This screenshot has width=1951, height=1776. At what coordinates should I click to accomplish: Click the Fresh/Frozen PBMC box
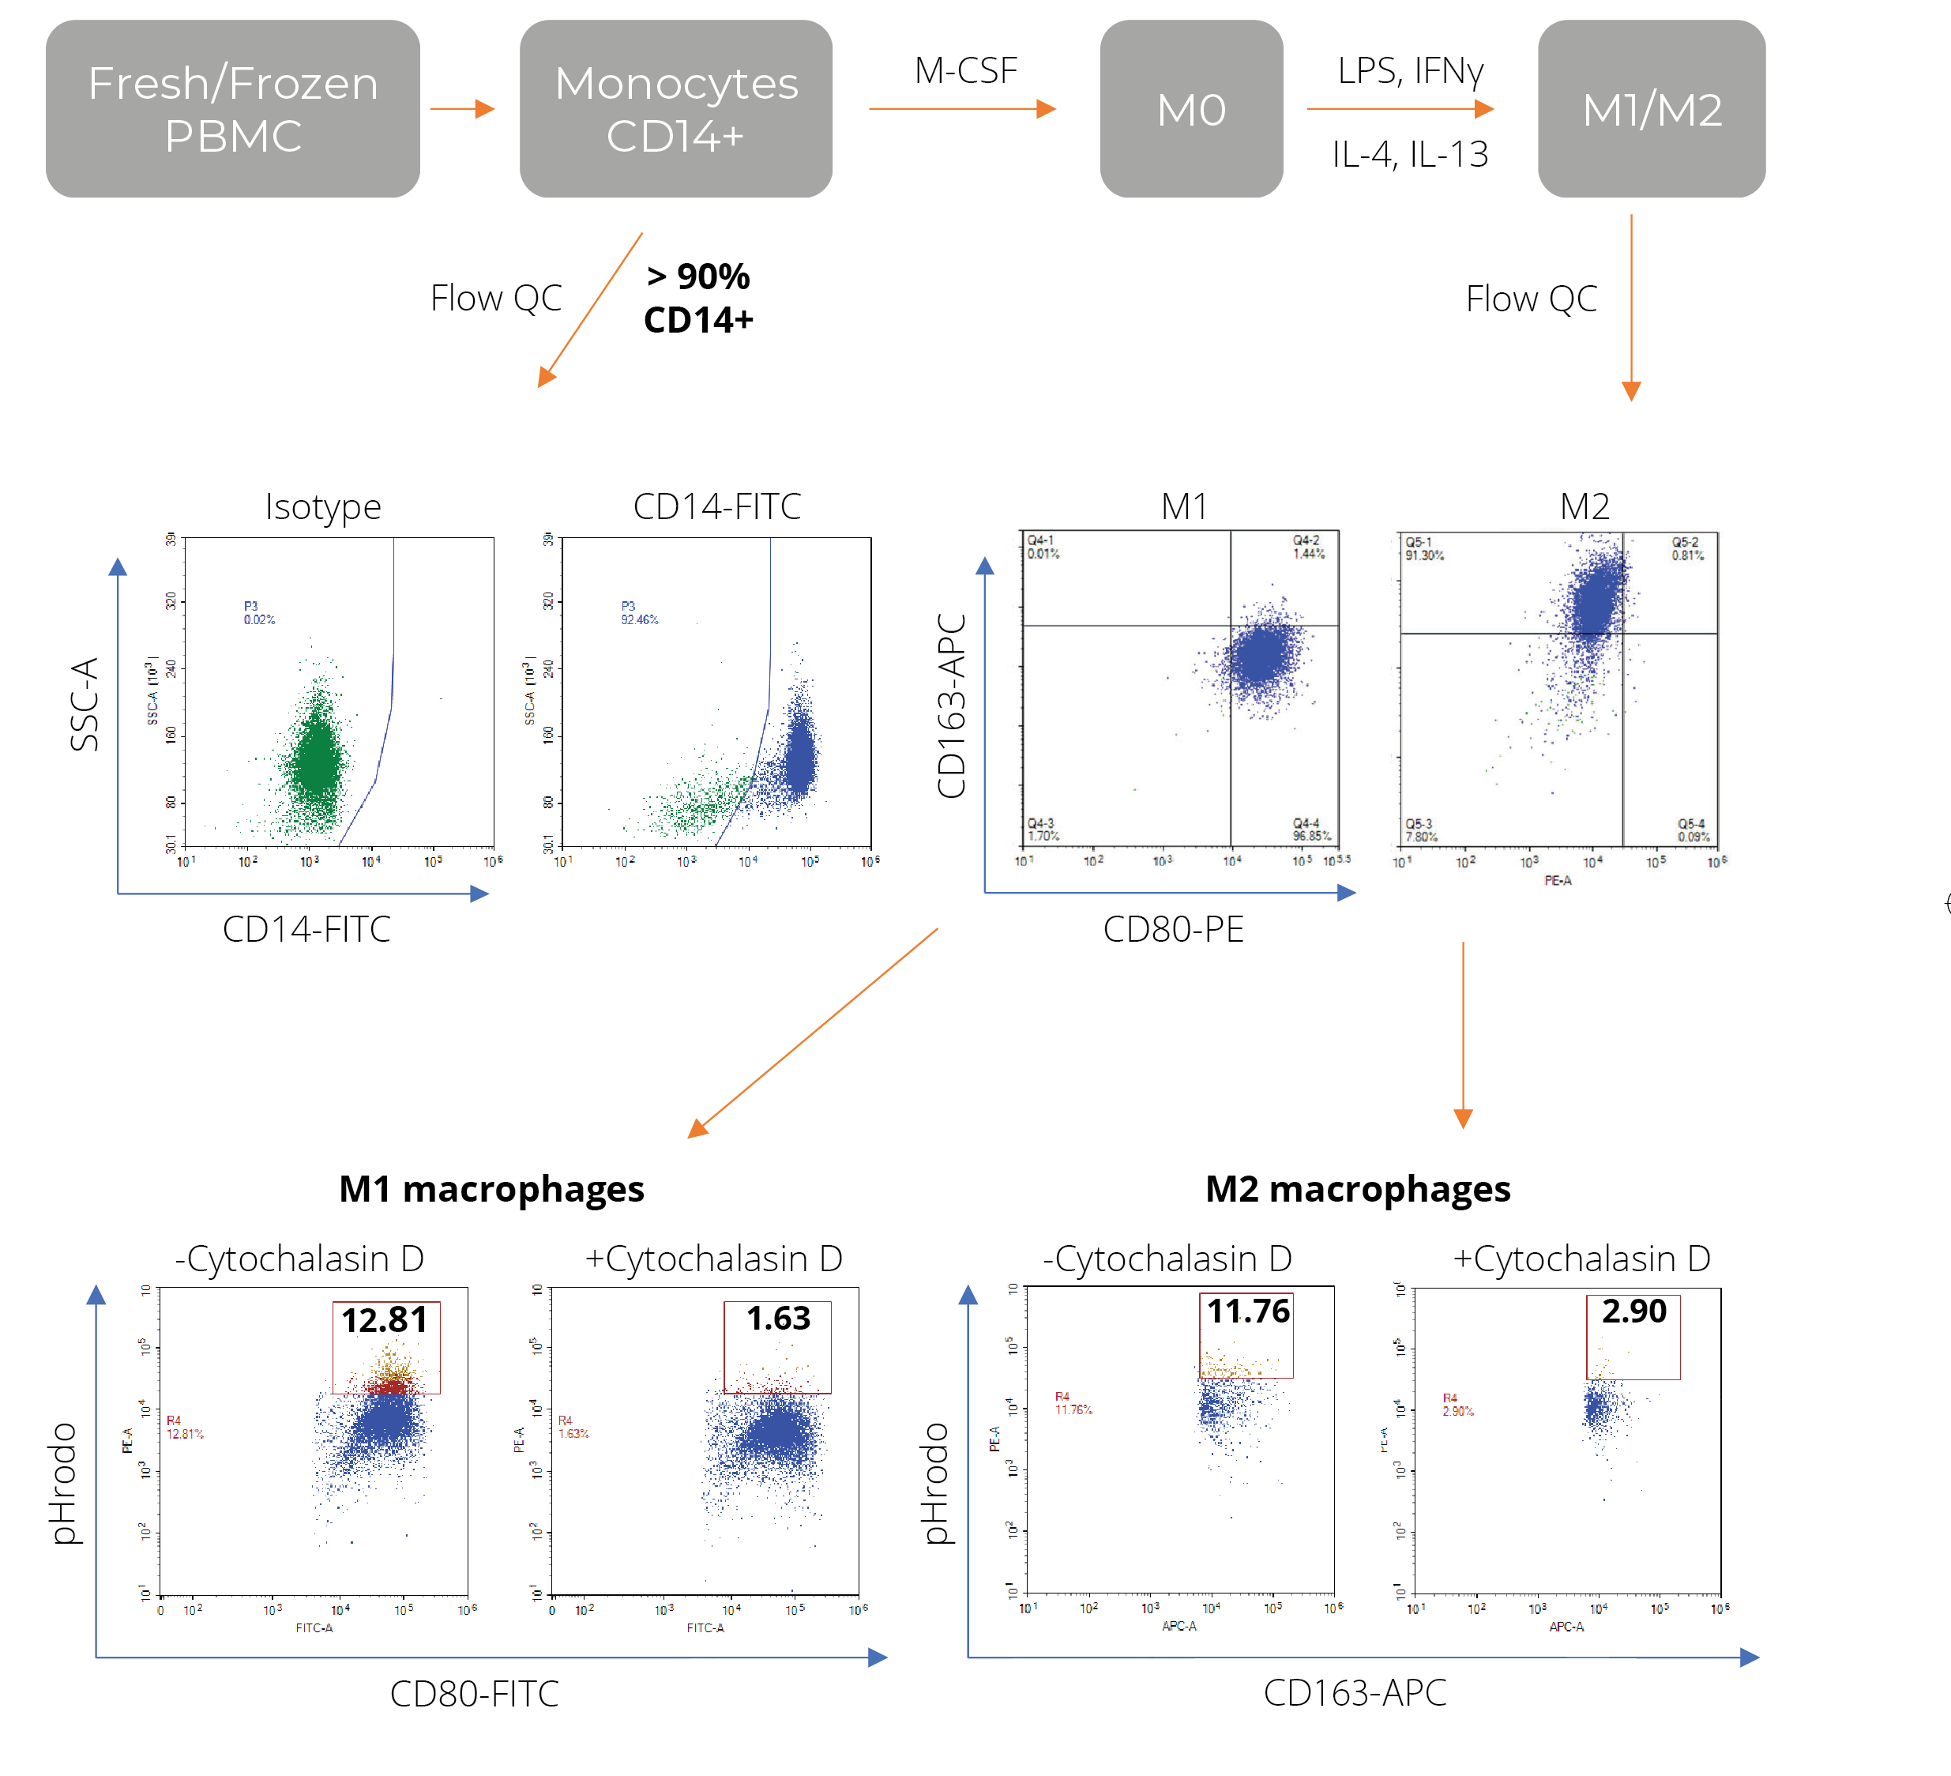(x=232, y=108)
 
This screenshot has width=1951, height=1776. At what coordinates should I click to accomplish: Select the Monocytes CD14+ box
(x=675, y=108)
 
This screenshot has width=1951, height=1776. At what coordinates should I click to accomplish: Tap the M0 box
(x=1190, y=108)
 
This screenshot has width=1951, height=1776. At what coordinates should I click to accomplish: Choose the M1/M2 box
(x=1651, y=108)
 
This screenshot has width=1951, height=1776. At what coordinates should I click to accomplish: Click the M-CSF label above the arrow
(x=965, y=70)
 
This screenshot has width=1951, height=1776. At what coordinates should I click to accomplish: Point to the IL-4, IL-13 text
(x=1409, y=154)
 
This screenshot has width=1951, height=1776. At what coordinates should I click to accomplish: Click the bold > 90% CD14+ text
(x=697, y=298)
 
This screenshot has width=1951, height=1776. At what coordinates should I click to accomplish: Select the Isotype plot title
(x=323, y=506)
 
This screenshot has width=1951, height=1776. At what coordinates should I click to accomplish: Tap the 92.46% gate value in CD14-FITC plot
(x=639, y=619)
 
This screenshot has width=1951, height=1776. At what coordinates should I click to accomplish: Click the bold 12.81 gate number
(x=384, y=1320)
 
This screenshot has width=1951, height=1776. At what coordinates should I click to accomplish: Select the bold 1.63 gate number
(x=778, y=1319)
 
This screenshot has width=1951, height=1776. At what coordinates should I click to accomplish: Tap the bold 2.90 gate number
(x=1633, y=1311)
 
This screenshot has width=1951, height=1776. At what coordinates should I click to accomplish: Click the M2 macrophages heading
(x=1357, y=1188)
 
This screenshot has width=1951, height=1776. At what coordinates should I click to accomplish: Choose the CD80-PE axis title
(x=1173, y=929)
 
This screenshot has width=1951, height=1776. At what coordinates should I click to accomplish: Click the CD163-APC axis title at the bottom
(x=1354, y=1693)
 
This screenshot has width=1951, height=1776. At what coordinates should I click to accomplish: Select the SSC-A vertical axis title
(x=85, y=704)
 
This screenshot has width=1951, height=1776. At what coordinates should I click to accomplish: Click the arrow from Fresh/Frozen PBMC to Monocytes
(x=461, y=108)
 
